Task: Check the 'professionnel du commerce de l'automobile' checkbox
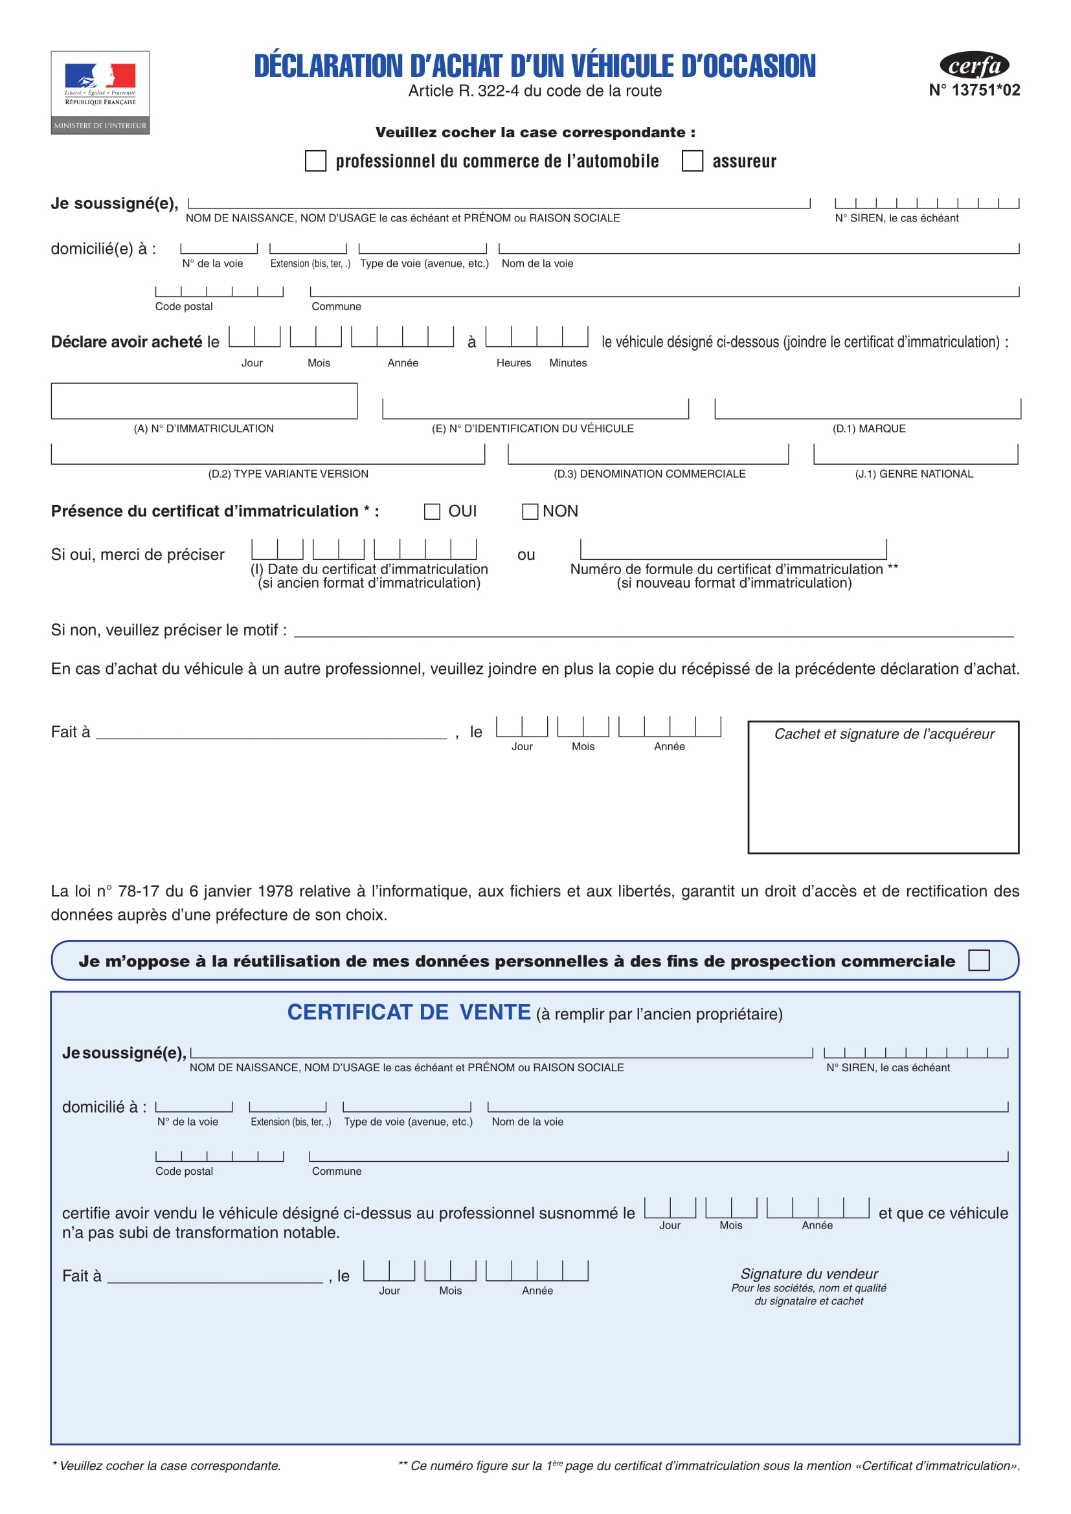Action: click(x=315, y=161)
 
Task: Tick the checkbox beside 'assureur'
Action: click(x=692, y=161)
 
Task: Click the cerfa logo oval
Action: click(x=974, y=65)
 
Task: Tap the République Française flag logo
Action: click(x=100, y=77)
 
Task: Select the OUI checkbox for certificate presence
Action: click(x=432, y=512)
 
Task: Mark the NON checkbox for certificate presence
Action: click(x=530, y=512)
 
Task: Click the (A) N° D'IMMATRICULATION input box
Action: click(x=205, y=401)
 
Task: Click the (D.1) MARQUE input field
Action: click(x=867, y=409)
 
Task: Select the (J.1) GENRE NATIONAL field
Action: click(x=916, y=454)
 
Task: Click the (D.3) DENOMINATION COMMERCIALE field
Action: click(x=648, y=454)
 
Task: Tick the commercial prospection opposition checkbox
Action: click(x=978, y=960)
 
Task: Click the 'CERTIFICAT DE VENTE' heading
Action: click(x=409, y=1012)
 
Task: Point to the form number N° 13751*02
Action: click(x=974, y=91)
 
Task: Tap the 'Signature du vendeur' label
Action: click(x=809, y=1274)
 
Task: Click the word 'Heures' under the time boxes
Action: click(x=513, y=362)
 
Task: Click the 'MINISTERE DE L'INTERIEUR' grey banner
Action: click(x=100, y=126)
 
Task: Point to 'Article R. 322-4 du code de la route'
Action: click(x=535, y=91)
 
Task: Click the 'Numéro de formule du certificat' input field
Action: click(x=734, y=550)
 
